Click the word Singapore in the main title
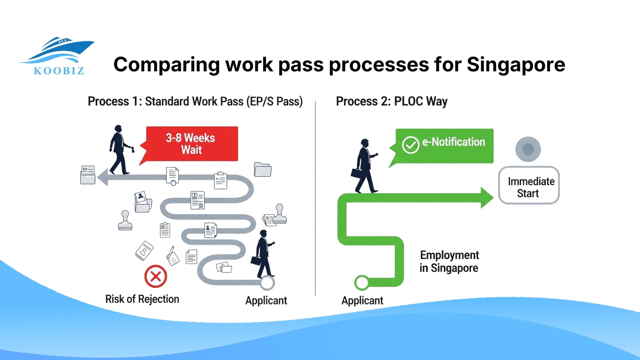pos(516,65)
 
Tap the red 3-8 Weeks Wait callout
pos(192,144)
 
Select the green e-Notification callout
pos(444,146)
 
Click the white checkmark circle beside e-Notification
pos(410,145)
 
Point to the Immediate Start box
pos(529,185)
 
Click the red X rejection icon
pos(156,276)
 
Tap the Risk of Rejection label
pos(142,299)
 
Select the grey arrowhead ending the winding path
pos(103,177)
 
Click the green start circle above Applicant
pos(362,283)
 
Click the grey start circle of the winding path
pos(267,283)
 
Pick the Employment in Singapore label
pos(449,262)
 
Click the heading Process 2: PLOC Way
pos(391,101)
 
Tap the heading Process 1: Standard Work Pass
pos(195,101)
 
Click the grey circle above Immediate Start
pos(528,149)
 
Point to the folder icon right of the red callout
pos(263,169)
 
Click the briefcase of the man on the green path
pos(357,173)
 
